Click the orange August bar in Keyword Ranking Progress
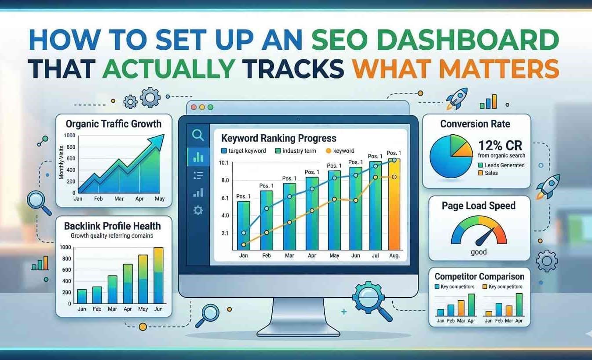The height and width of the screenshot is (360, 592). pyautogui.click(x=395, y=204)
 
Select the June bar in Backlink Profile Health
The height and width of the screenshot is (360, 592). pyautogui.click(x=158, y=276)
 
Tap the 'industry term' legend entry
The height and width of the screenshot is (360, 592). pyautogui.click(x=296, y=151)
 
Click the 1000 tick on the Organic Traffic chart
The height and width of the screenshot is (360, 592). pyautogui.click(x=69, y=136)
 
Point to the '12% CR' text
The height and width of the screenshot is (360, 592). pyautogui.click(x=500, y=146)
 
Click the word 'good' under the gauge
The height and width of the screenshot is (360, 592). pyautogui.click(x=479, y=252)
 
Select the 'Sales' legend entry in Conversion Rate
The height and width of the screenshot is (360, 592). pyautogui.click(x=488, y=173)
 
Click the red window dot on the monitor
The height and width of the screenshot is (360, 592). pyautogui.click(x=194, y=107)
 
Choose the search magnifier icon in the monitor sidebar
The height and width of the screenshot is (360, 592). pyautogui.click(x=198, y=135)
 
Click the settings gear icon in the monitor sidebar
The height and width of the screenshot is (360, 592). pyautogui.click(x=198, y=210)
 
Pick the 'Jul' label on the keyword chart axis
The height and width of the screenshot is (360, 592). pyautogui.click(x=375, y=256)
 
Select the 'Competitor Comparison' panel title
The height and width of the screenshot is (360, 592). pyautogui.click(x=479, y=276)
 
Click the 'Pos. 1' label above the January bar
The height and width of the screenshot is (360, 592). pyautogui.click(x=243, y=196)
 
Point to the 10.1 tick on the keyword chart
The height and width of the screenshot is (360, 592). pyautogui.click(x=223, y=163)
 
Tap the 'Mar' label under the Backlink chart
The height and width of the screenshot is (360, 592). pyautogui.click(x=112, y=309)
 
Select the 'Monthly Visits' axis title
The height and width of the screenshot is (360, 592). pyautogui.click(x=61, y=162)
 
